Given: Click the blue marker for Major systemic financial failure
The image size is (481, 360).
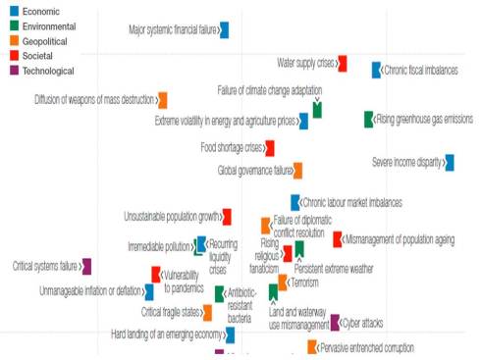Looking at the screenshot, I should pos(225,29).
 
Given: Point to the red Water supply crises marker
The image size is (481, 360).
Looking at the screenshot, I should pos(343,63).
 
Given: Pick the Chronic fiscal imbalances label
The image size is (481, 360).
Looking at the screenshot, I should pos(423,70).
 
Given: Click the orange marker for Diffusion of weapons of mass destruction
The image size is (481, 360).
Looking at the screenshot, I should pos(163,99).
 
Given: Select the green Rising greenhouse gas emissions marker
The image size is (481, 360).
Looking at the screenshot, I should pos(369,119).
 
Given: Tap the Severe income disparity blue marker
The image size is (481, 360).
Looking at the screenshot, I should pos(450,163).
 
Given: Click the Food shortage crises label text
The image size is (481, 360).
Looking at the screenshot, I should pos(231,148).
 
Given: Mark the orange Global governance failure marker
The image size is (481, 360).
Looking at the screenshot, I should pos(297,171).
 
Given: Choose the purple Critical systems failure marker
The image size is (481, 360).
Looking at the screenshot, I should pos(87,266).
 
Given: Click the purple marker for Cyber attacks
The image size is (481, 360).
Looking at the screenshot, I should pos(336,322).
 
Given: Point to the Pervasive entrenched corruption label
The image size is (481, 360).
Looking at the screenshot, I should pos(367,347).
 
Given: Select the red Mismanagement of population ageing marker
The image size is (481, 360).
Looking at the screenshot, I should pos(338,238).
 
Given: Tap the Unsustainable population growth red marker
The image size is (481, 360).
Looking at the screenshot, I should pos(227,217).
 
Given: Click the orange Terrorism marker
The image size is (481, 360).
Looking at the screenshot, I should pos(283,282).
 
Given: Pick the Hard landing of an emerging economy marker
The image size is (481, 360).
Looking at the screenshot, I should pos(229,334).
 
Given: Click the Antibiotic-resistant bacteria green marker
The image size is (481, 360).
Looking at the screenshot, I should pos(221,293).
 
